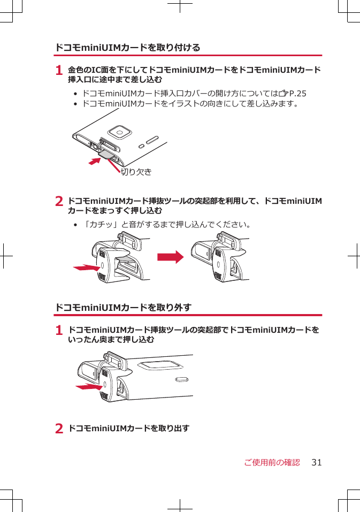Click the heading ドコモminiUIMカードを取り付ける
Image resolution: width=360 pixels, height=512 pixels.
(x=128, y=48)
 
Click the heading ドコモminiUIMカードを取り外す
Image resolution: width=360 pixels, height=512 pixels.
(x=124, y=308)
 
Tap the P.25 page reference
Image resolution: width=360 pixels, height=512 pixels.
(x=298, y=94)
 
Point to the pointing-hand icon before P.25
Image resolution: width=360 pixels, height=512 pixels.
(x=283, y=94)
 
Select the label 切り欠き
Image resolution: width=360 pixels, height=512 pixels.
(x=136, y=172)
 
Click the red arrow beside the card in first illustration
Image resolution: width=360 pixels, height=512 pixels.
(x=95, y=161)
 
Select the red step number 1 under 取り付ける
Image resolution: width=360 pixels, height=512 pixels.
(x=60, y=71)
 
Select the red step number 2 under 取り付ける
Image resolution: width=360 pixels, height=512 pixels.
(x=60, y=202)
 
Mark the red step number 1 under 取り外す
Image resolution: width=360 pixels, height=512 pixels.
(x=60, y=331)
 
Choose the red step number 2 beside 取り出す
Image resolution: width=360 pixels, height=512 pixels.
(x=60, y=429)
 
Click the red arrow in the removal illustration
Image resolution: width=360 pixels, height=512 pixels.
(x=88, y=386)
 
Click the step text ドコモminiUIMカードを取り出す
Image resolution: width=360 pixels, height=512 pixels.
(x=129, y=429)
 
